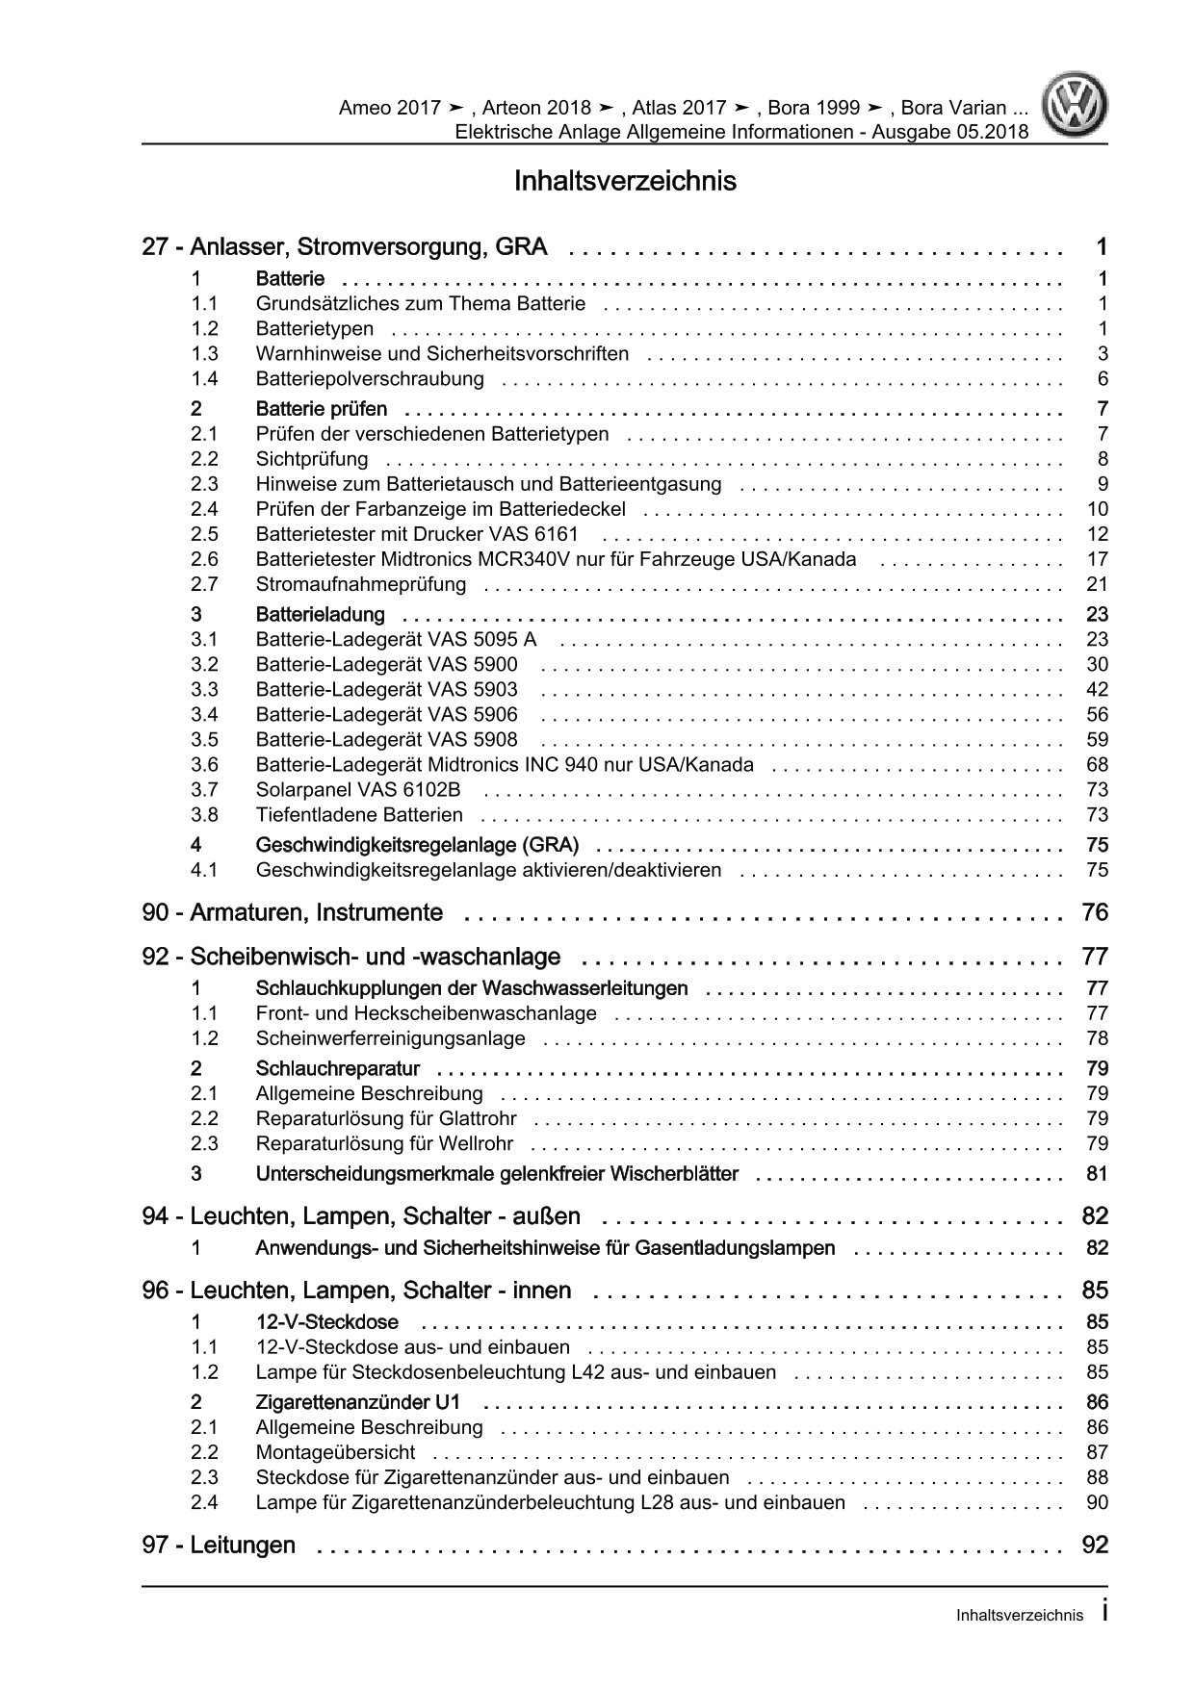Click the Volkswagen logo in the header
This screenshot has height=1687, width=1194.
click(x=1077, y=108)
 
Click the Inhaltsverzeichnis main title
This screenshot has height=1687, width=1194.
click(x=625, y=181)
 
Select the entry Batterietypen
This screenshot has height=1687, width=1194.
click(x=314, y=329)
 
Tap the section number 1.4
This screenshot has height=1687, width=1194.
click(x=204, y=379)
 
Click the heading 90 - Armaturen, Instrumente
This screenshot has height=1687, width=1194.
click(x=293, y=912)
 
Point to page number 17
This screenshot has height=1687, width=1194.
click(x=1097, y=559)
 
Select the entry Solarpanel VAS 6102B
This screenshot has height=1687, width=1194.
click(x=358, y=790)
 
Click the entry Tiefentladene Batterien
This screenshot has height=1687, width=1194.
click(x=359, y=815)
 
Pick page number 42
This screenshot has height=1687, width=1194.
click(x=1097, y=689)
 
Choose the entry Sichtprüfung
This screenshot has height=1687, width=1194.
click(x=312, y=459)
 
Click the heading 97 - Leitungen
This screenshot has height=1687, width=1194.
click(x=219, y=1546)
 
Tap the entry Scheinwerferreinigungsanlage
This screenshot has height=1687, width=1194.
click(x=390, y=1038)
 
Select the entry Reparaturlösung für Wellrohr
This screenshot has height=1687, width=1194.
click(x=384, y=1143)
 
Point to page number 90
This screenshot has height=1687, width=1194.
click(x=1097, y=1502)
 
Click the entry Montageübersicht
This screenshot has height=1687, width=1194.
click(x=335, y=1452)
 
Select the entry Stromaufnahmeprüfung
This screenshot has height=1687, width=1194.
click(x=360, y=584)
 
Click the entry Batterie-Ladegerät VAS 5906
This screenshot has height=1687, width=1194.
click(x=386, y=714)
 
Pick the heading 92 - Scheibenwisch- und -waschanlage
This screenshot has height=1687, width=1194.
click(x=350, y=957)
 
